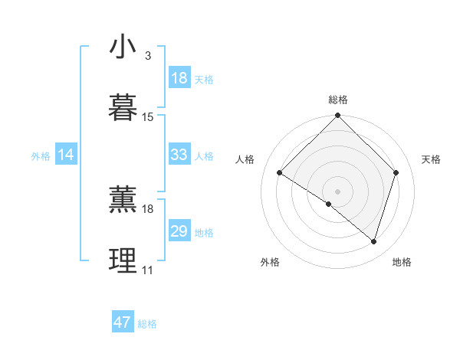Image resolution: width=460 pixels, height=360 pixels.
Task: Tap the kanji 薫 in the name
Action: coord(123,198)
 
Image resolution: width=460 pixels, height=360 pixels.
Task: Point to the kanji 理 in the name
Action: coord(123,260)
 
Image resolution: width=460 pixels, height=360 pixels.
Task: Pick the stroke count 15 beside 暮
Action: coord(148,116)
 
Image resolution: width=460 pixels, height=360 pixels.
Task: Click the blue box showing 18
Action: coord(179,78)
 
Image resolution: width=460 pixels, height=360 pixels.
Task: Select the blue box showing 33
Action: coord(179,155)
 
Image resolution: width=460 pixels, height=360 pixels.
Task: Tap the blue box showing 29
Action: coord(179,231)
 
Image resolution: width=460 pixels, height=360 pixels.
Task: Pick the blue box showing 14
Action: coord(66,155)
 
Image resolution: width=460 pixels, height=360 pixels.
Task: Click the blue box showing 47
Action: coord(123,322)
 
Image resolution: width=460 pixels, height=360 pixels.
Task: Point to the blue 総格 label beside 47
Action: coord(147,324)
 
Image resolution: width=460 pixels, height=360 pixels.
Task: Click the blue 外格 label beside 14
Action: coord(41,156)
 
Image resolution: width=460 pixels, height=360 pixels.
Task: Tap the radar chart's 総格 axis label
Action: coord(337,100)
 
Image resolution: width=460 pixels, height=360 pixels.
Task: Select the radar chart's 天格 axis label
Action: coord(432,159)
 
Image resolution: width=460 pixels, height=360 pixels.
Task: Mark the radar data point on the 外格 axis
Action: coord(329,204)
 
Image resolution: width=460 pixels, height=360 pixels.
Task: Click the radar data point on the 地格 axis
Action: coord(373,241)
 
